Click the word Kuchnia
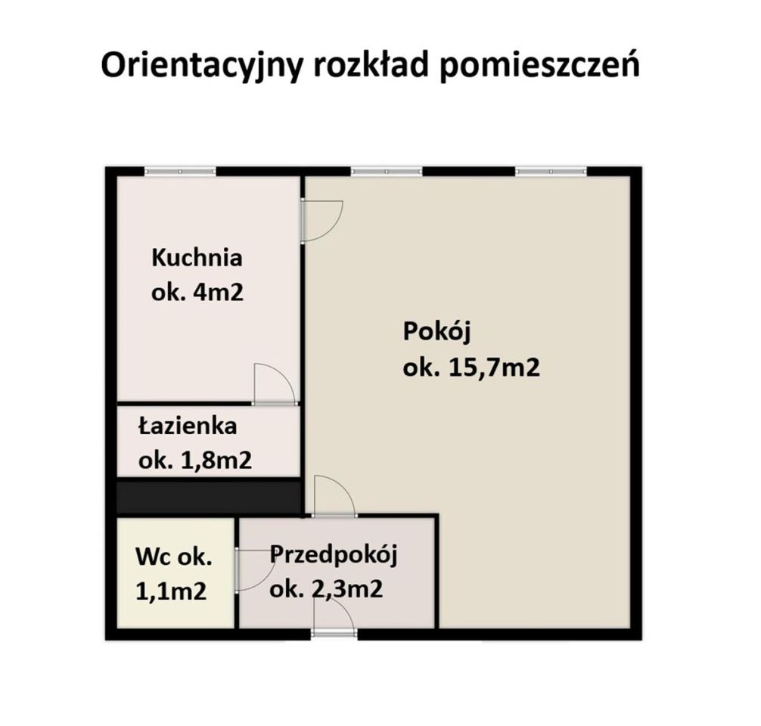pyautogui.click(x=197, y=258)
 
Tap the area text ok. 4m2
pyautogui.click(x=197, y=293)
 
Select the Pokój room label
pyautogui.click(x=431, y=332)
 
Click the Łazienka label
pyautogui.click(x=188, y=426)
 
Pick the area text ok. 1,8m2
pyautogui.click(x=194, y=461)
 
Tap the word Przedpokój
pyautogui.click(x=334, y=554)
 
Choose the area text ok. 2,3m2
pyautogui.click(x=325, y=588)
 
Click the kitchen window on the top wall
pyautogui.click(x=181, y=172)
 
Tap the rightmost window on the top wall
pyautogui.click(x=551, y=172)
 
